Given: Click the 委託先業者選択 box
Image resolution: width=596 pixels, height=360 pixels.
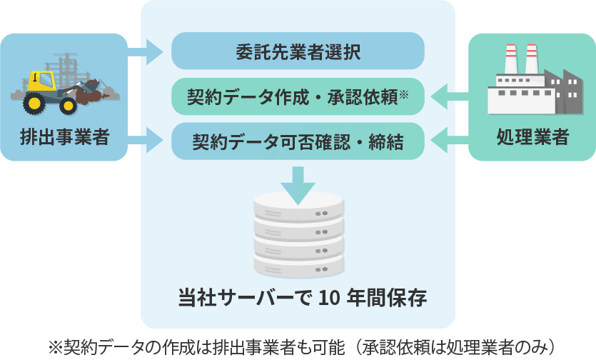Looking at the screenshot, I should pyautogui.click(x=298, y=51).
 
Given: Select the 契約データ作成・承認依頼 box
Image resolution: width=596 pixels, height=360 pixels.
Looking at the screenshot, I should pyautogui.click(x=298, y=96).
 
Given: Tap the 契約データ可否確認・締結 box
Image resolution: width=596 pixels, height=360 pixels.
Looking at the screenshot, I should pyautogui.click(x=298, y=141).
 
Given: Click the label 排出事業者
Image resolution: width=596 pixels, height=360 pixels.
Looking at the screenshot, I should pyautogui.click(x=64, y=136).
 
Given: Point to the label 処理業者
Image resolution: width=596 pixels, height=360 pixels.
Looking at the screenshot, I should pyautogui.click(x=532, y=136).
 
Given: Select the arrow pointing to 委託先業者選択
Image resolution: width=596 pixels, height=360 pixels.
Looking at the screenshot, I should pyautogui.click(x=147, y=51).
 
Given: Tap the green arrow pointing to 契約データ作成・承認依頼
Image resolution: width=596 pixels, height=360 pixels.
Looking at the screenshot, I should pyautogui.click(x=448, y=96).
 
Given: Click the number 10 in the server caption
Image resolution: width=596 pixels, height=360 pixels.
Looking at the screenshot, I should pyautogui.click(x=328, y=298).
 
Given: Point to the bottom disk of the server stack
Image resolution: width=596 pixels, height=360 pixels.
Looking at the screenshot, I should pyautogui.click(x=298, y=264).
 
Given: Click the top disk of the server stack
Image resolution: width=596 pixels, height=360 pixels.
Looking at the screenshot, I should pyautogui.click(x=298, y=207).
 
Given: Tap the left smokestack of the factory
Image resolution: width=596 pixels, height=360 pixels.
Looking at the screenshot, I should pyautogui.click(x=511, y=59).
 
